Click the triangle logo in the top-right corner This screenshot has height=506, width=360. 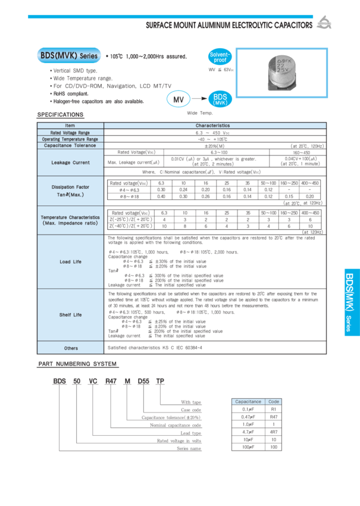point(323,23)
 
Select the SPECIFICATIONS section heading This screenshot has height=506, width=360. point(61,114)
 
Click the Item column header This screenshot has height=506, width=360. point(70,126)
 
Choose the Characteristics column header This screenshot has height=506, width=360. point(212,126)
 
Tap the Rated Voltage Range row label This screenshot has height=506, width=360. point(70,132)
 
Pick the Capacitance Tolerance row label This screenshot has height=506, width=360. point(70,145)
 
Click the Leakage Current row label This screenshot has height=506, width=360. point(70,162)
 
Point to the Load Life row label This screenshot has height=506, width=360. point(70,261)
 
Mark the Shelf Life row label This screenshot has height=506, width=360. point(70,315)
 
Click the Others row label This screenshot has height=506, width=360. point(70,348)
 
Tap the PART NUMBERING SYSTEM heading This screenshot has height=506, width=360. point(78,363)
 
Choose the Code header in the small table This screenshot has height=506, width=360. point(274,402)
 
